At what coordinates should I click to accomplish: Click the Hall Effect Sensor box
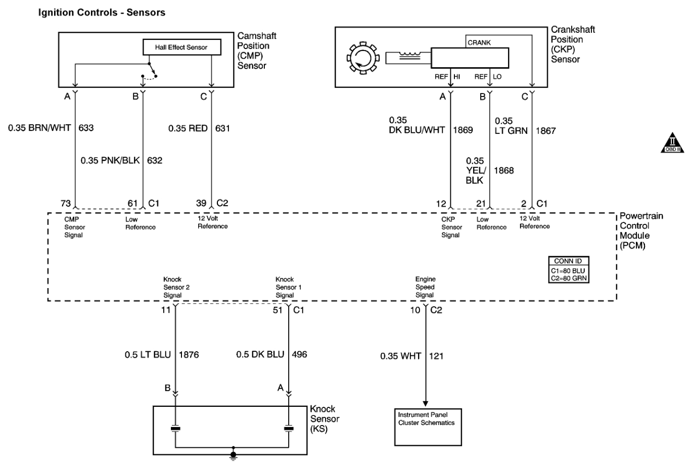[181, 47]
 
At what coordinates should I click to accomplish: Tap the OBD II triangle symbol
[672, 143]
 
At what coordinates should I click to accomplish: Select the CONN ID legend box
[569, 270]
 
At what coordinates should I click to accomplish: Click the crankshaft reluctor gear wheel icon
[363, 58]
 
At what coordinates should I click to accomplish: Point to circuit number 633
[86, 128]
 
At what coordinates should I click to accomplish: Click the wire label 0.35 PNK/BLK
[110, 160]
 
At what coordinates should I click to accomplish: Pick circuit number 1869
[463, 130]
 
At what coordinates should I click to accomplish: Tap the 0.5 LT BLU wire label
[148, 355]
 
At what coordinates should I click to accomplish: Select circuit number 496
[299, 354]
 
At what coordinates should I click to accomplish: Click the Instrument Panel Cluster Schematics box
[428, 427]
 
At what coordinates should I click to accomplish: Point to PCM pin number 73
[66, 203]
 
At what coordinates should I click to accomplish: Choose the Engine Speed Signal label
[425, 287]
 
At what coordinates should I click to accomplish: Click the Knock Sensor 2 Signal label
[176, 287]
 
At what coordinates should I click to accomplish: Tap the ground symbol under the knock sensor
[233, 455]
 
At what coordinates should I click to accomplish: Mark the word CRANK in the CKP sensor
[479, 42]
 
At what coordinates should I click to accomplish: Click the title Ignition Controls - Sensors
[102, 12]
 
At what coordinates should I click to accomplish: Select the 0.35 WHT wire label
[401, 356]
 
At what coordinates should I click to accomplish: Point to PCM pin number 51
[278, 310]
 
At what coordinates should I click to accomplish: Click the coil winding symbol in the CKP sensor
[409, 56]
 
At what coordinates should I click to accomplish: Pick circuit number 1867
[545, 131]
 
